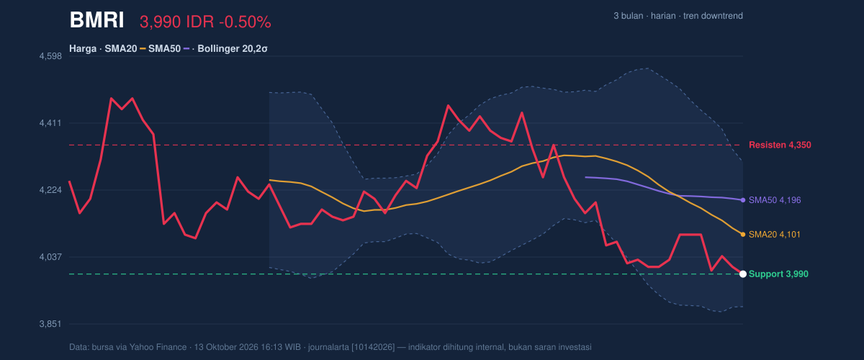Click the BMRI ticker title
(x=96, y=20)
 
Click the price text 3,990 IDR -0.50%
(x=205, y=22)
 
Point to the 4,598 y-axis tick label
(x=50, y=56)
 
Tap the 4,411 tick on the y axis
(x=50, y=123)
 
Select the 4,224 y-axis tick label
(x=50, y=190)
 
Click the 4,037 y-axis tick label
(x=50, y=257)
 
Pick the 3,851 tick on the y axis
(x=50, y=324)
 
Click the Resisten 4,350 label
(x=780, y=145)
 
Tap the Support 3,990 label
(x=778, y=274)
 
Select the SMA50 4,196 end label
(x=775, y=200)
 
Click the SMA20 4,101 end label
(x=775, y=235)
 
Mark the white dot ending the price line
(x=743, y=274)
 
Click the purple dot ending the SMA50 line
(x=743, y=200)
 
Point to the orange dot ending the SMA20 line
(x=743, y=235)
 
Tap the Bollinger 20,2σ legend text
(x=232, y=49)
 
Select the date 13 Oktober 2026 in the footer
(x=226, y=347)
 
